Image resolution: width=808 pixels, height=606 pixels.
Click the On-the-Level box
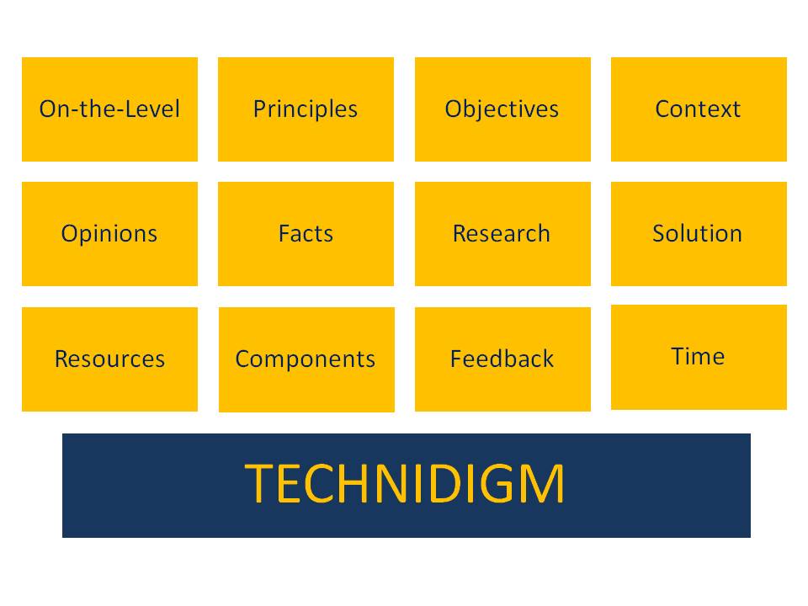[x=109, y=109]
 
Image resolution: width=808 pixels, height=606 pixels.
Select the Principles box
[x=306, y=109]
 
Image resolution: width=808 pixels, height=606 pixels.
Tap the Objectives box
[x=502, y=109]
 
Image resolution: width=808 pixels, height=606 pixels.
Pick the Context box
[x=699, y=109]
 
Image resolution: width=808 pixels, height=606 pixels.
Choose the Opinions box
[x=109, y=234]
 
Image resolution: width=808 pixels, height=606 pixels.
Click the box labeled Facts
[x=306, y=234]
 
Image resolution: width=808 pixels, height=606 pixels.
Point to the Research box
[x=502, y=234]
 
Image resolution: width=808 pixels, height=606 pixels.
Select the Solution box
[x=699, y=234]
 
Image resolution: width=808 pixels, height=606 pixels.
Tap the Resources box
[x=109, y=359]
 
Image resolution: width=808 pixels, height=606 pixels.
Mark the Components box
[x=306, y=359]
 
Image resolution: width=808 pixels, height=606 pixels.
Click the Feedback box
[x=502, y=359]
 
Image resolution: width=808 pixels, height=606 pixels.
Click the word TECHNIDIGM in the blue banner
[x=405, y=485]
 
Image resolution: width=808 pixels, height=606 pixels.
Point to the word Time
[x=698, y=356]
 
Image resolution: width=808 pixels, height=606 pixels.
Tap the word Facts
[x=306, y=233]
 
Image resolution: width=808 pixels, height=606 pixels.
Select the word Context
[x=698, y=109]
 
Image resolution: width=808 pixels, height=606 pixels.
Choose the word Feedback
[x=502, y=359]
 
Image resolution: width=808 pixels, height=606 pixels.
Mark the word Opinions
[x=109, y=234]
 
